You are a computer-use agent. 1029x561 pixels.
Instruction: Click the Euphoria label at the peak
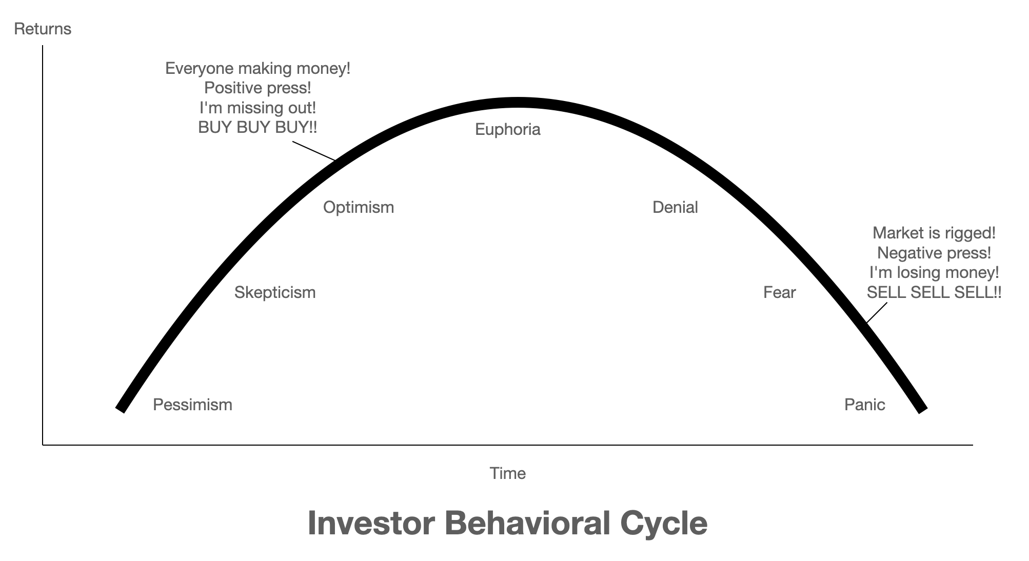[x=508, y=129]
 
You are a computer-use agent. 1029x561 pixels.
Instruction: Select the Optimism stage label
[x=359, y=208]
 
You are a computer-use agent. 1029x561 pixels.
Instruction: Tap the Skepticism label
[x=275, y=293]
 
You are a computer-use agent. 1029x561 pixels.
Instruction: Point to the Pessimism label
[x=193, y=405]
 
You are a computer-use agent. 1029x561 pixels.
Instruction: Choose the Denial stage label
[x=675, y=207]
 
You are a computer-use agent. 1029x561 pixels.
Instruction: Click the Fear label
[x=780, y=292]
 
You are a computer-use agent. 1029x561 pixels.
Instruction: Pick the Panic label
[x=865, y=405]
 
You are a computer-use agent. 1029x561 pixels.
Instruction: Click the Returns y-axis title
[x=43, y=29]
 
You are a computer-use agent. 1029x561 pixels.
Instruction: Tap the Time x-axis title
[x=508, y=473]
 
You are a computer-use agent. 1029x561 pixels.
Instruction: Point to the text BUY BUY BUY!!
[x=258, y=127]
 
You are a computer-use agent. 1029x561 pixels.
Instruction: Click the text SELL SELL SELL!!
[x=934, y=292]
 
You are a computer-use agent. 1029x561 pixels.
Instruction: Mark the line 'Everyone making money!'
[x=258, y=69]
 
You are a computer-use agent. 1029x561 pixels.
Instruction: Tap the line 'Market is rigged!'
[x=934, y=233]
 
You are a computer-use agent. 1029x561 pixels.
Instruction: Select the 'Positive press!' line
[x=258, y=88]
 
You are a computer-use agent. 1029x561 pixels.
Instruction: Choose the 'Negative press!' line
[x=934, y=253]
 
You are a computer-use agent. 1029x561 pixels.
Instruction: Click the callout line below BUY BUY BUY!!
[x=314, y=151]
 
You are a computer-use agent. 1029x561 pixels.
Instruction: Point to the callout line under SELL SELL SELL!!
[x=876, y=313]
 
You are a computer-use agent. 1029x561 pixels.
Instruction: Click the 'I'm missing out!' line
[x=258, y=108]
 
